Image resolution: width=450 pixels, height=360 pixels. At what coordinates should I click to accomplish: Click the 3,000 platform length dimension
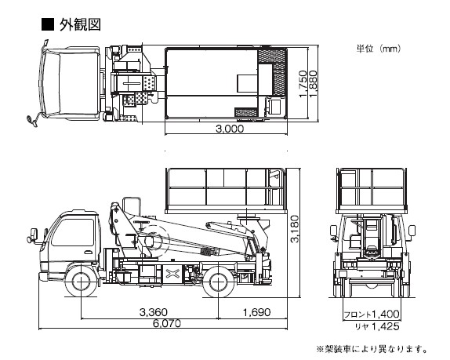[230, 129]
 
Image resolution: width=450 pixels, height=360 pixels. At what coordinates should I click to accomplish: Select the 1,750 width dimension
[303, 84]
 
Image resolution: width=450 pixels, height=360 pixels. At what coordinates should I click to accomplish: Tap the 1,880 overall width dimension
[313, 84]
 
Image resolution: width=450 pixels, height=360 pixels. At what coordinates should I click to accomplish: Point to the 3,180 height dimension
[295, 229]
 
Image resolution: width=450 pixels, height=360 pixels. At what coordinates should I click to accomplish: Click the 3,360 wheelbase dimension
[153, 312]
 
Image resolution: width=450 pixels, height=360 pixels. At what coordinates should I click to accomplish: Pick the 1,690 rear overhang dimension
[257, 312]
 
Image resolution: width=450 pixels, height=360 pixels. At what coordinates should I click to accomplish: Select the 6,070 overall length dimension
[167, 324]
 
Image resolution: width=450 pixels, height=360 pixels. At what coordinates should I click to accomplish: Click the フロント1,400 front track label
[372, 314]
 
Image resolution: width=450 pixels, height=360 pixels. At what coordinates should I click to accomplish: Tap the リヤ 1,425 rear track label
[377, 326]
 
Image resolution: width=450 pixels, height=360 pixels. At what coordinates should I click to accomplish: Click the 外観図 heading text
[80, 24]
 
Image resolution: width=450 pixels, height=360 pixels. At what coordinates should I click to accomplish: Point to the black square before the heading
[48, 24]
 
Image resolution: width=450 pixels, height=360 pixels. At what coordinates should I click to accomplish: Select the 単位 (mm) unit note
[378, 49]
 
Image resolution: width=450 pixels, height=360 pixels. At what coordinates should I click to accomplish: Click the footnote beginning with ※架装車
[372, 349]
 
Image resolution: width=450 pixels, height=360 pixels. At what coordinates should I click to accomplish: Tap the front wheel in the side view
[82, 282]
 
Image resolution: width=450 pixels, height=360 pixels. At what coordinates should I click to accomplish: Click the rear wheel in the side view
[218, 282]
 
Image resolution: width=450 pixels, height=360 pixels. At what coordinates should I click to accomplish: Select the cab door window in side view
[74, 232]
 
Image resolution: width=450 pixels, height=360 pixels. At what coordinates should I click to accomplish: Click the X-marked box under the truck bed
[172, 273]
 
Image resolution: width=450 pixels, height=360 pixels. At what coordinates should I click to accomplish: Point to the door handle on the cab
[89, 253]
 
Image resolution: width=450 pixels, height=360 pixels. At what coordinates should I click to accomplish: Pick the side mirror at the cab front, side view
[34, 234]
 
